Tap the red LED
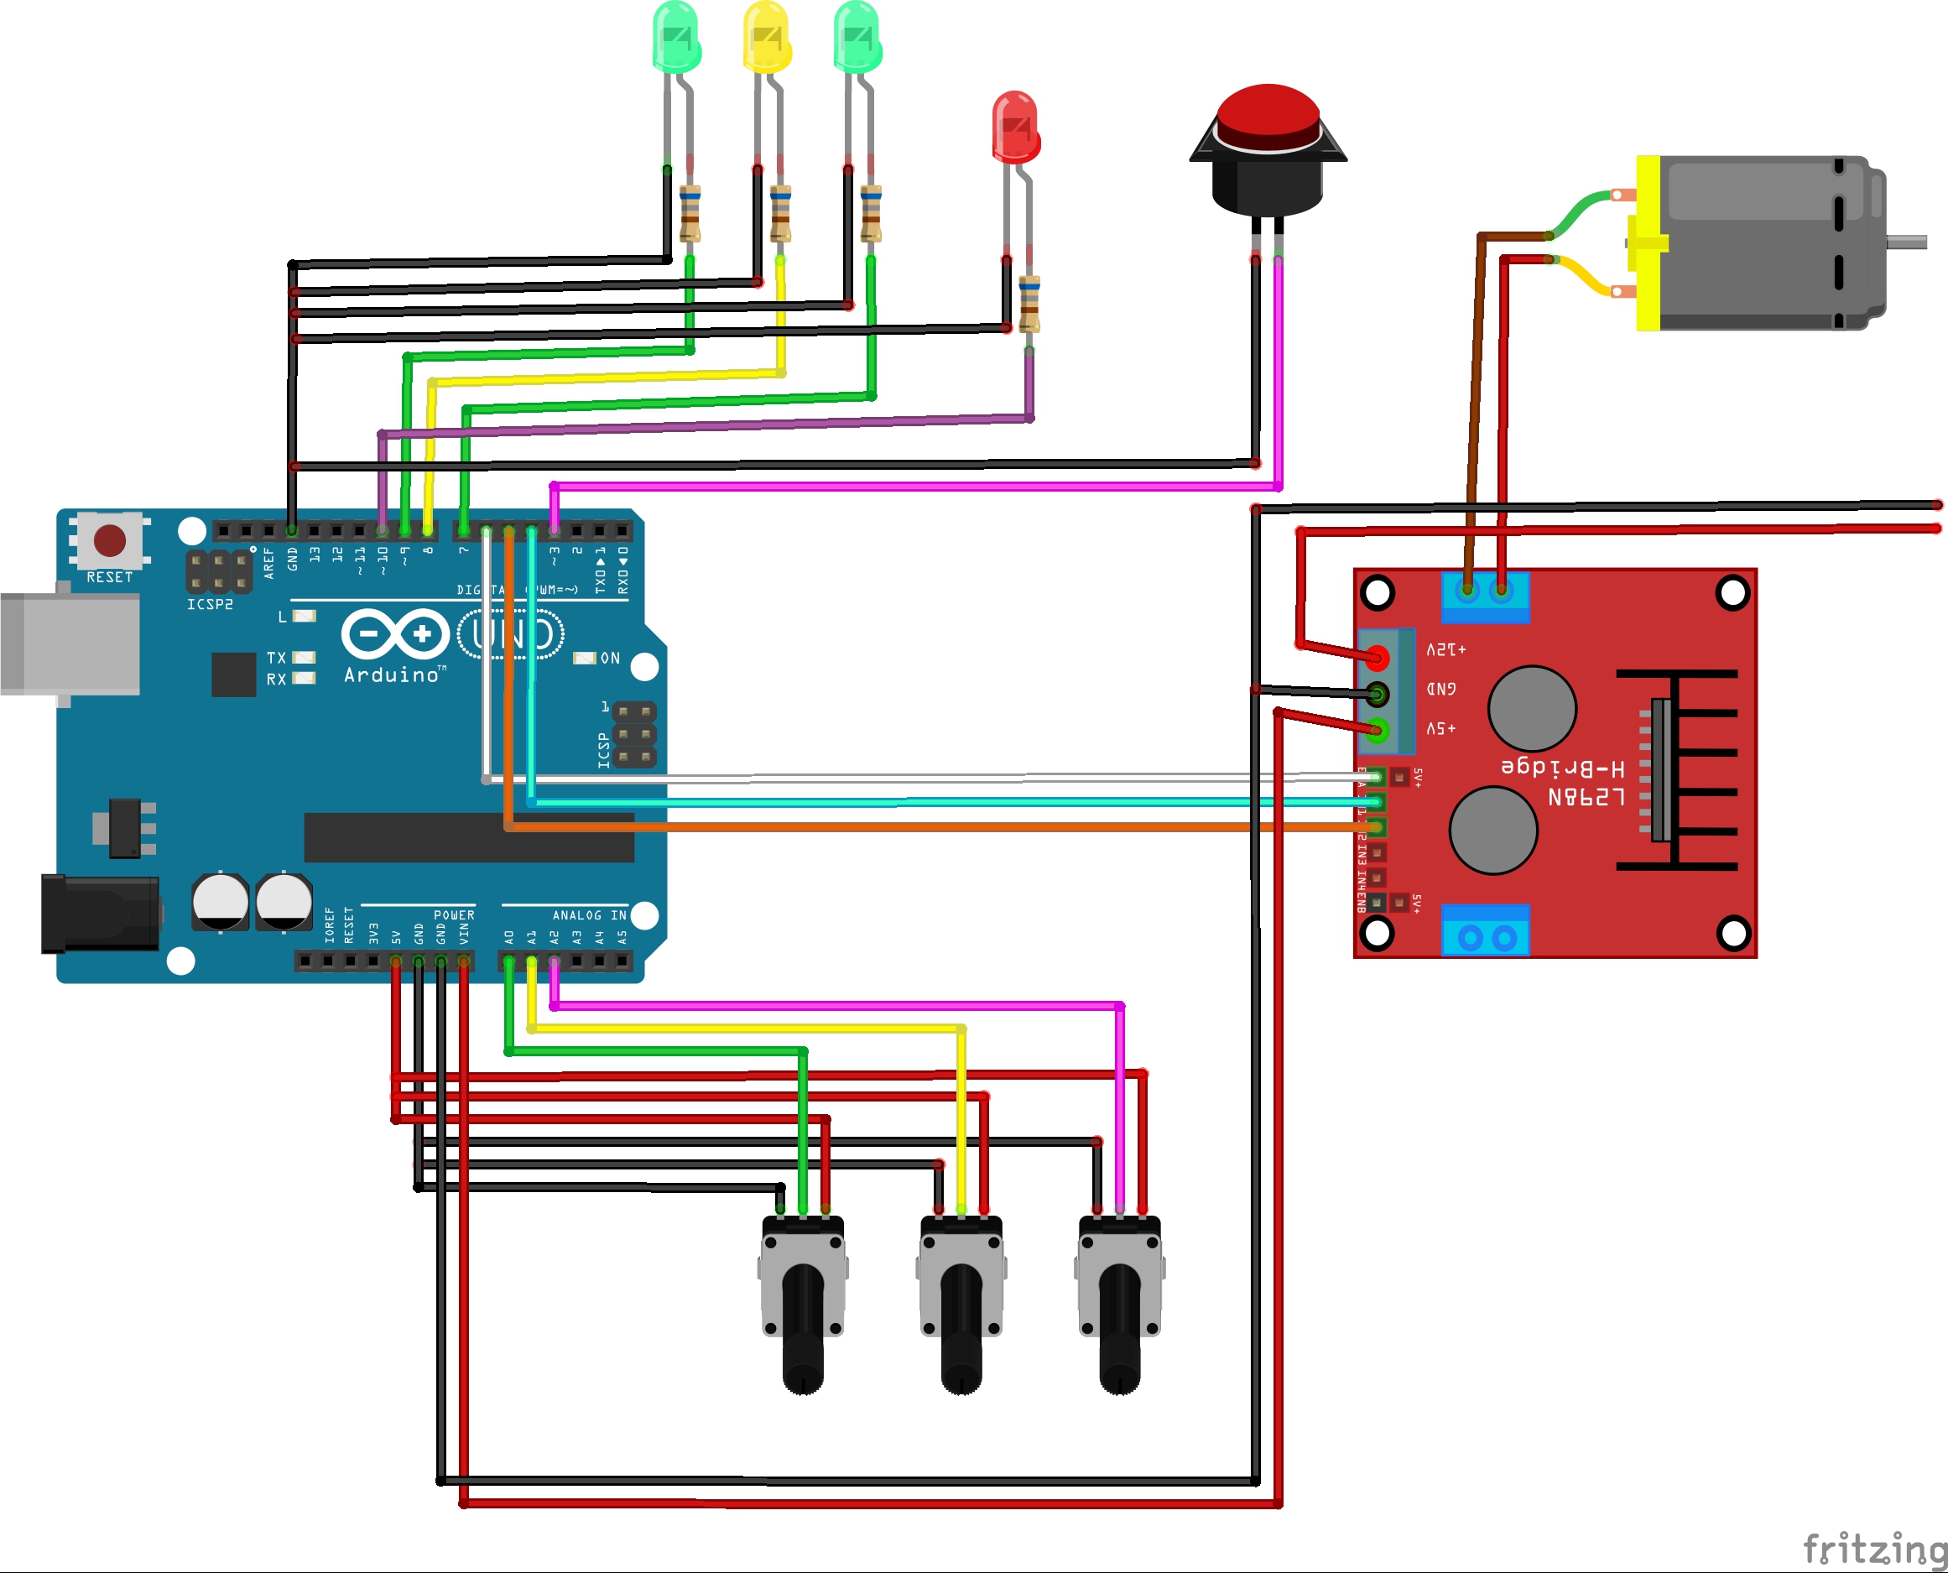coord(1015,126)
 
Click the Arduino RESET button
coord(110,541)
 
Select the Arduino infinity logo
coord(395,634)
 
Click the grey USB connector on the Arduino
coord(69,644)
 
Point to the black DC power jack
coord(100,914)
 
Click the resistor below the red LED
coord(1029,305)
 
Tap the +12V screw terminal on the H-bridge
coord(1378,657)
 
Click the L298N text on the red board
coord(1586,797)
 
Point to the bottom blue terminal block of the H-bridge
coord(1485,931)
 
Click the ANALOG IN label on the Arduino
coord(589,915)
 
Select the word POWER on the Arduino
coord(453,915)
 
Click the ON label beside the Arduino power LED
coord(611,658)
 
